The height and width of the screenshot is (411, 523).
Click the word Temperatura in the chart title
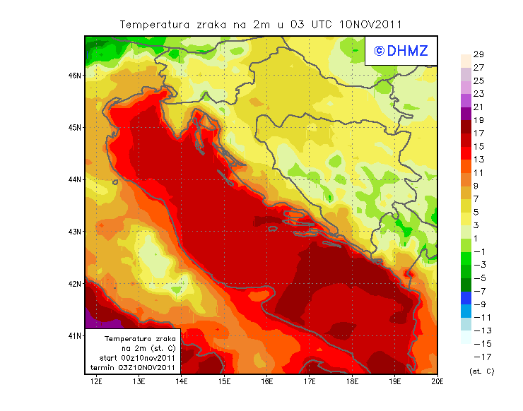pos(153,24)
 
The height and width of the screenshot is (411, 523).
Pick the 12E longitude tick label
pos(96,381)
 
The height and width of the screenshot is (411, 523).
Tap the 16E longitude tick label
pos(267,381)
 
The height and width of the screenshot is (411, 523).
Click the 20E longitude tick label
pos(437,381)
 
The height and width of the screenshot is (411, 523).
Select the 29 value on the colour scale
pos(478,54)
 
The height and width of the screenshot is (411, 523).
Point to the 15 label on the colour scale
pos(478,146)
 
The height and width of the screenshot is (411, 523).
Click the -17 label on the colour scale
pos(478,357)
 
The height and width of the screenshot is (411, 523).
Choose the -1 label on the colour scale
pos(478,251)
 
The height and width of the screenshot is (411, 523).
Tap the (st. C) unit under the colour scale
pos(481,371)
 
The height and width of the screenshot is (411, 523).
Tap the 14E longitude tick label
pos(182,381)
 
